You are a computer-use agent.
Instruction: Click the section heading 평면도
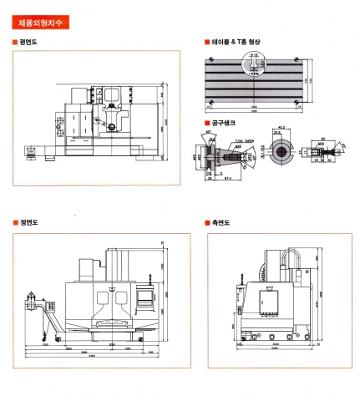click(28, 41)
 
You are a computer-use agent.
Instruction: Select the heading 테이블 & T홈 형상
click(239, 41)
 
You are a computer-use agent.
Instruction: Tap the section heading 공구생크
click(223, 123)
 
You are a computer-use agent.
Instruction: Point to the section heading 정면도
click(28, 223)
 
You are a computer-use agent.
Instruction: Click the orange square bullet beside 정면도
click(15, 223)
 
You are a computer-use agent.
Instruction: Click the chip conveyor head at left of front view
click(33, 301)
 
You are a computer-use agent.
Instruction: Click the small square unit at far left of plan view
click(33, 153)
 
